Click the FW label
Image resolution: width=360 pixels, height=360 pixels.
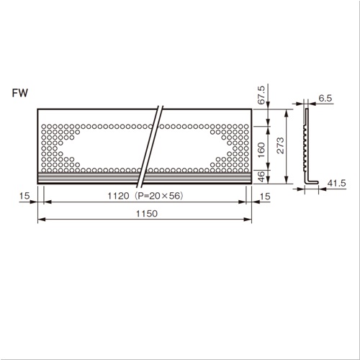pyautogui.click(x=20, y=93)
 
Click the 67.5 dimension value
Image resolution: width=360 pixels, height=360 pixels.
pyautogui.click(x=261, y=95)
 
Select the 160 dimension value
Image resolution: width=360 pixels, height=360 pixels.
pyautogui.click(x=261, y=150)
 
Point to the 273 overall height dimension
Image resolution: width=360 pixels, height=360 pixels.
pyautogui.click(x=280, y=145)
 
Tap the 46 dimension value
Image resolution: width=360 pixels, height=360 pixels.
pyautogui.click(x=262, y=176)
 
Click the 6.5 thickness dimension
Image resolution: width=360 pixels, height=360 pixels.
pyautogui.click(x=325, y=98)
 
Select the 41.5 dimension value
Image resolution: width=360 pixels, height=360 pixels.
pyautogui.click(x=336, y=184)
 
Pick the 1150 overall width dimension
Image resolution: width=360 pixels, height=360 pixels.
pyautogui.click(x=147, y=213)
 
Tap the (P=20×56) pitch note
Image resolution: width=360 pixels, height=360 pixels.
pyautogui.click(x=158, y=196)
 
